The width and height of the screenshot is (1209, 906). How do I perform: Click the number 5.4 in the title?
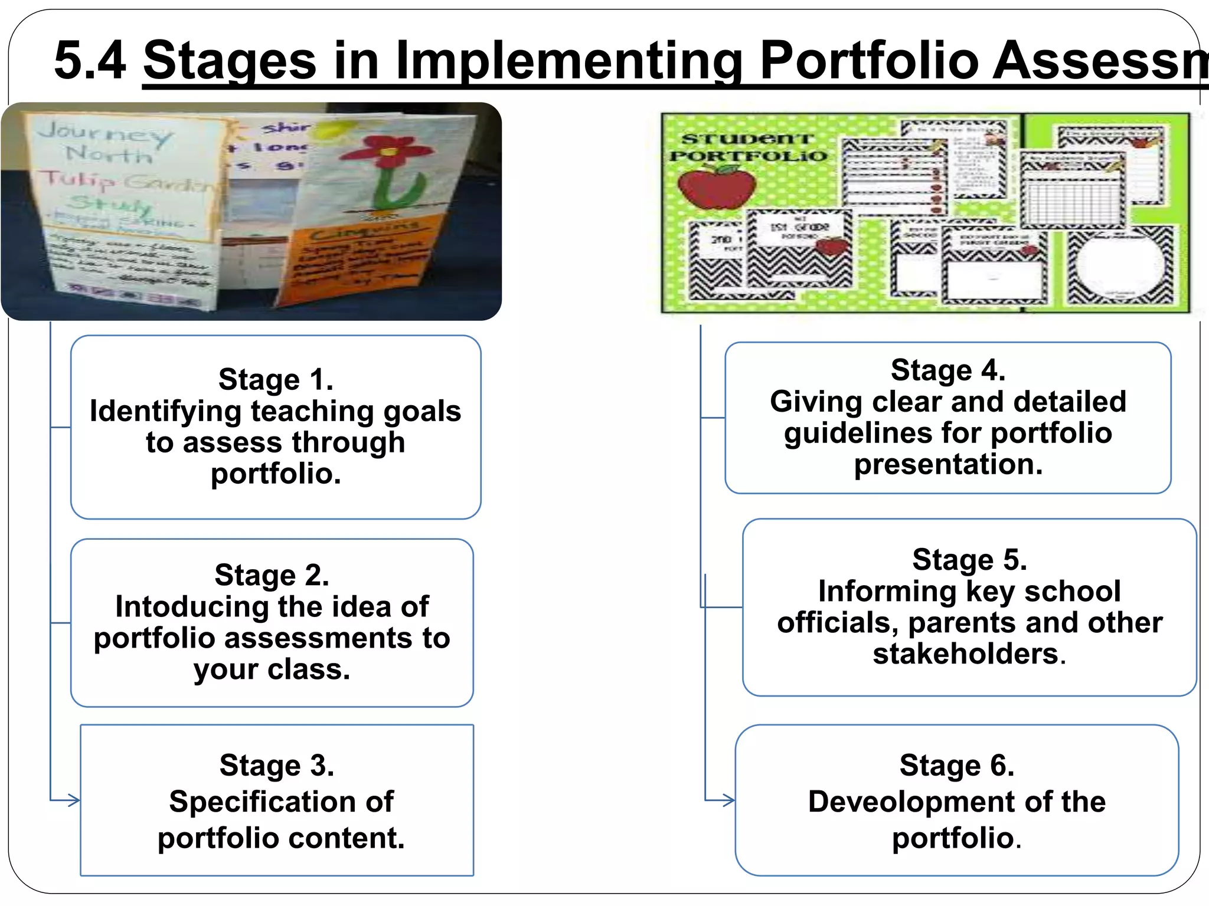click(90, 60)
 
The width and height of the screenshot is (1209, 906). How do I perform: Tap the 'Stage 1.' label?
click(276, 379)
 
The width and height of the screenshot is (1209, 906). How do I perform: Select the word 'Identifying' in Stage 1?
click(166, 411)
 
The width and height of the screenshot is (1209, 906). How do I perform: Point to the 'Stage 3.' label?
click(277, 766)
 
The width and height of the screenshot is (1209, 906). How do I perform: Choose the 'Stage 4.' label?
click(947, 370)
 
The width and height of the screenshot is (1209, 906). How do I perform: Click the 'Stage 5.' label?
click(969, 560)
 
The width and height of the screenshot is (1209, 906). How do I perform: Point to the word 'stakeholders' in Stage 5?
click(966, 654)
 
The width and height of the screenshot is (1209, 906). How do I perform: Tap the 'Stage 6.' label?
click(956, 766)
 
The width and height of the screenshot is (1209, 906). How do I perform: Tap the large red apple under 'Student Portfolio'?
click(717, 188)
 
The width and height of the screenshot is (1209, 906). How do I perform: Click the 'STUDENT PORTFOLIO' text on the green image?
click(748, 147)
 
